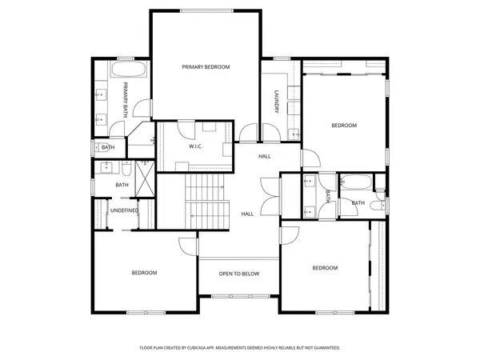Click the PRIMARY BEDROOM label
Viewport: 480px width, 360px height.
pyautogui.click(x=206, y=67)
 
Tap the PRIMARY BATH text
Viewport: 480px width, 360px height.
pyautogui.click(x=126, y=98)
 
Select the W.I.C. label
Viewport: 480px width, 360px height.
pyautogui.click(x=194, y=147)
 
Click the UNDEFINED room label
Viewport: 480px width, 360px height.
pyautogui.click(x=124, y=210)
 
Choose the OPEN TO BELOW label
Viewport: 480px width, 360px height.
pyautogui.click(x=239, y=274)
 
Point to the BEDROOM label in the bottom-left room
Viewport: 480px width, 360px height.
pyautogui.click(x=144, y=273)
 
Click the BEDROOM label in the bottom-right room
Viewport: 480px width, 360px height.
pyautogui.click(x=325, y=267)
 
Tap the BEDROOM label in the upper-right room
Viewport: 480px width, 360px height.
pyautogui.click(x=344, y=126)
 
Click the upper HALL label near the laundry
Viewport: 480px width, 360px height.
pyautogui.click(x=264, y=156)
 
